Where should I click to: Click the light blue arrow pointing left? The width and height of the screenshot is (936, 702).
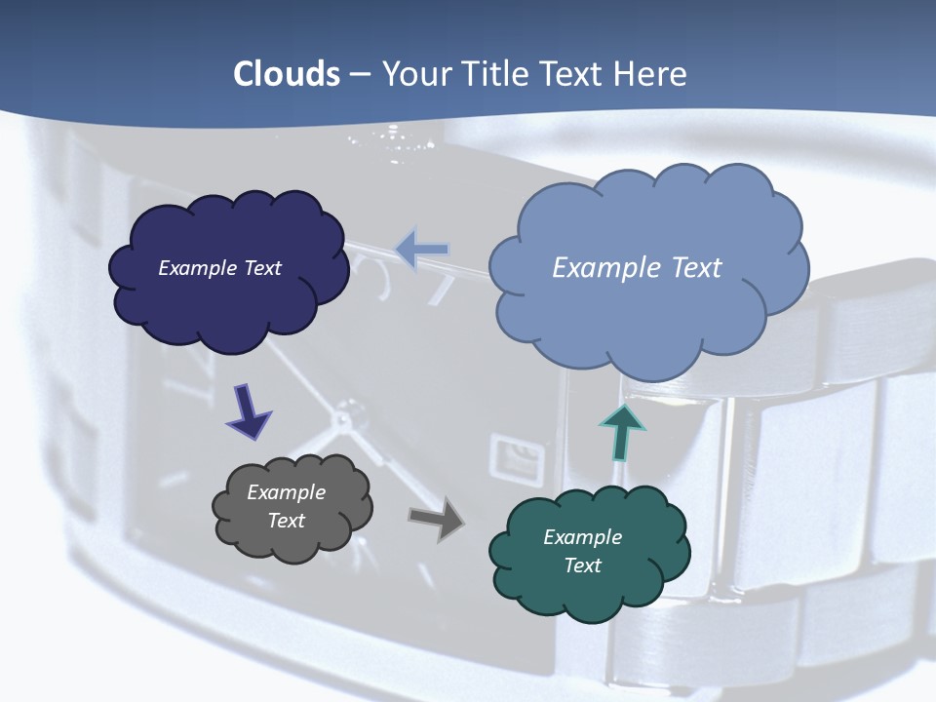coord(422,250)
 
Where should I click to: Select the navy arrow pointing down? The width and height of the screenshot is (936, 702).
coord(249,410)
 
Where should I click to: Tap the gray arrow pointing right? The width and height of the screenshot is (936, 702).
coord(437,518)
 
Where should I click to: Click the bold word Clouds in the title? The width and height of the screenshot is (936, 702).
coord(286,74)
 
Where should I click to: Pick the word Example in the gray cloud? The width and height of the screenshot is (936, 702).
coord(286,492)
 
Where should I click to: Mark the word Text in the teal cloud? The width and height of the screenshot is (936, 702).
coord(582,565)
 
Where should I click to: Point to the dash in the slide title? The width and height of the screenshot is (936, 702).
coord(359,74)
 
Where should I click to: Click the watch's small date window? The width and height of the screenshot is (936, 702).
coord(513,456)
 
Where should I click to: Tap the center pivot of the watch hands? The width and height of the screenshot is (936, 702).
coord(343,420)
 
